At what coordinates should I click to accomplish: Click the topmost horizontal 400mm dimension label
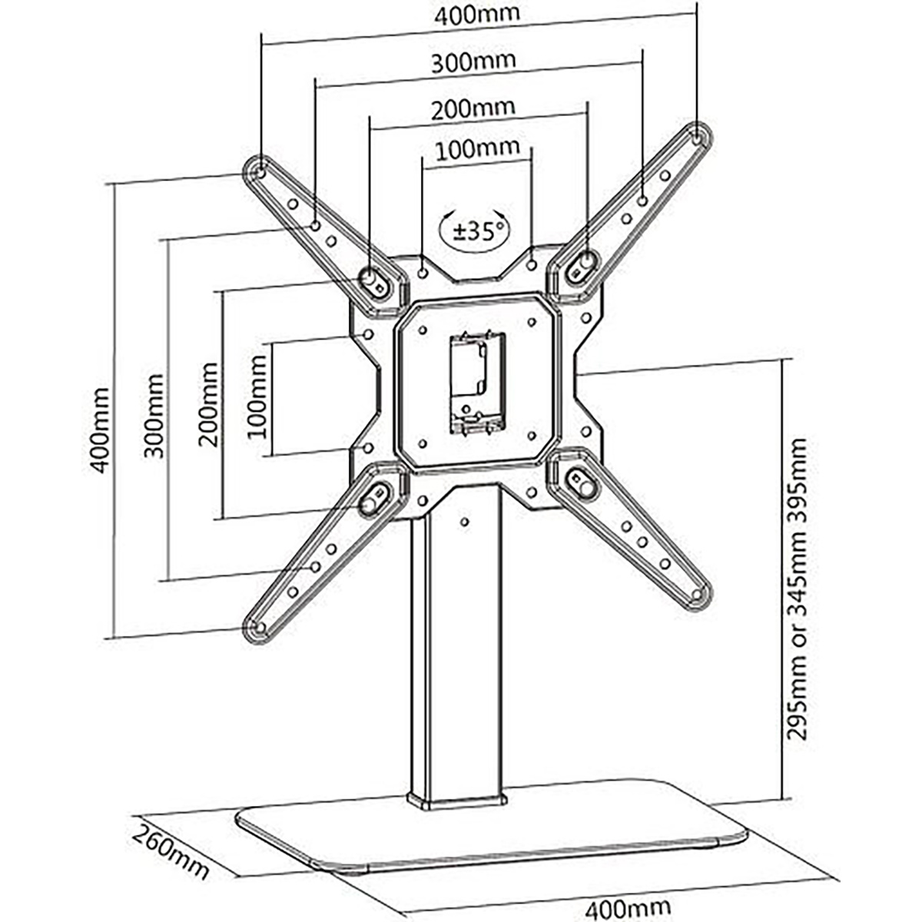point(477,14)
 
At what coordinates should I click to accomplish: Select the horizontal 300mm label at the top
point(473,61)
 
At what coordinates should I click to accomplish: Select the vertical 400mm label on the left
point(101,429)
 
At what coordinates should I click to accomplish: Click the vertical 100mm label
point(257,396)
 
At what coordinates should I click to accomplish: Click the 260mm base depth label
point(171,851)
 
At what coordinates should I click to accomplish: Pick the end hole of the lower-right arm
point(695,595)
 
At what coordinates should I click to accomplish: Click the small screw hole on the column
point(465,522)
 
